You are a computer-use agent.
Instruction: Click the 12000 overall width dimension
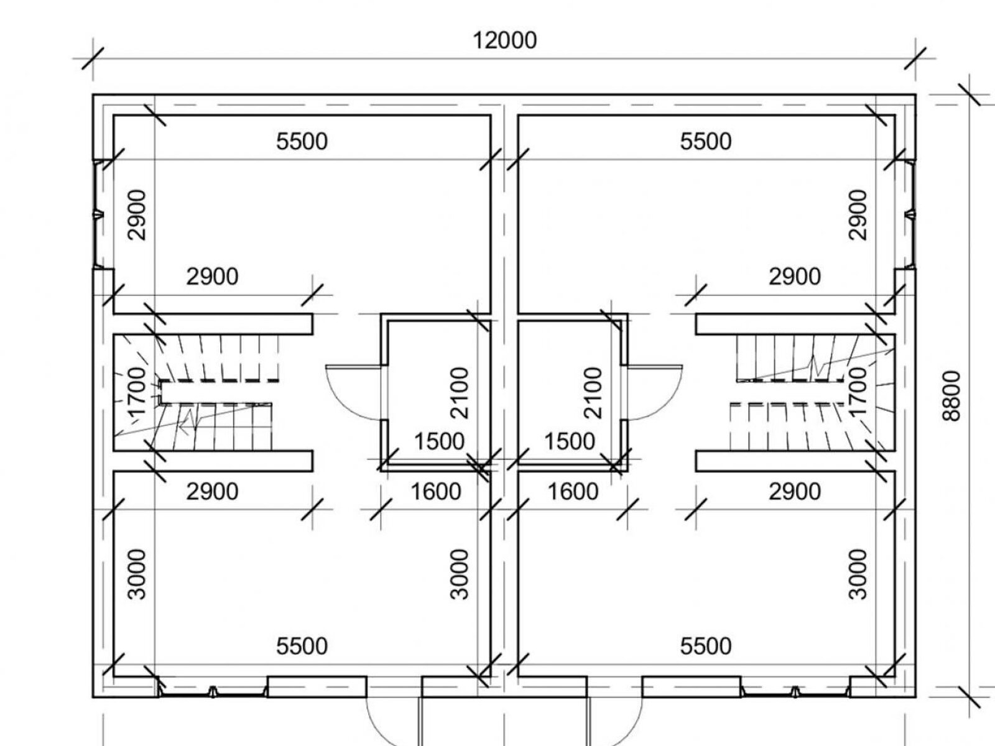click(x=504, y=41)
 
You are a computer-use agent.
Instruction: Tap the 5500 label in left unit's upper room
click(x=302, y=142)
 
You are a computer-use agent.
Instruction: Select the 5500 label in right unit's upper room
click(x=705, y=142)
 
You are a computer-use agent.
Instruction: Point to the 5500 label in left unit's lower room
click(x=302, y=647)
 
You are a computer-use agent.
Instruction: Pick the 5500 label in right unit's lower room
click(x=705, y=647)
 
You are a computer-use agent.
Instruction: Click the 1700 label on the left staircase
click(x=136, y=392)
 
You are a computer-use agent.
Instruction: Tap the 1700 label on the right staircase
click(x=857, y=392)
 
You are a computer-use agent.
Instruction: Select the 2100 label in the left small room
click(x=460, y=393)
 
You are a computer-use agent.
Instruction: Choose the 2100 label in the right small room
click(x=594, y=393)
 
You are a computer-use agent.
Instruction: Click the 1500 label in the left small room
click(x=439, y=441)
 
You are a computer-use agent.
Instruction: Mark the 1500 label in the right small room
click(x=569, y=441)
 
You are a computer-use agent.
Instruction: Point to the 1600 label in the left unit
click(x=435, y=492)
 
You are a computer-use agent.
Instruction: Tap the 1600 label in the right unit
click(x=573, y=492)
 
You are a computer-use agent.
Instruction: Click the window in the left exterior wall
click(x=98, y=214)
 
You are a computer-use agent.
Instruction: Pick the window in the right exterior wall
click(x=910, y=214)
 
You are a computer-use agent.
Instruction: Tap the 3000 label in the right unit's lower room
click(x=857, y=574)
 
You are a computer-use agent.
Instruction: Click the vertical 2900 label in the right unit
click(x=857, y=215)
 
